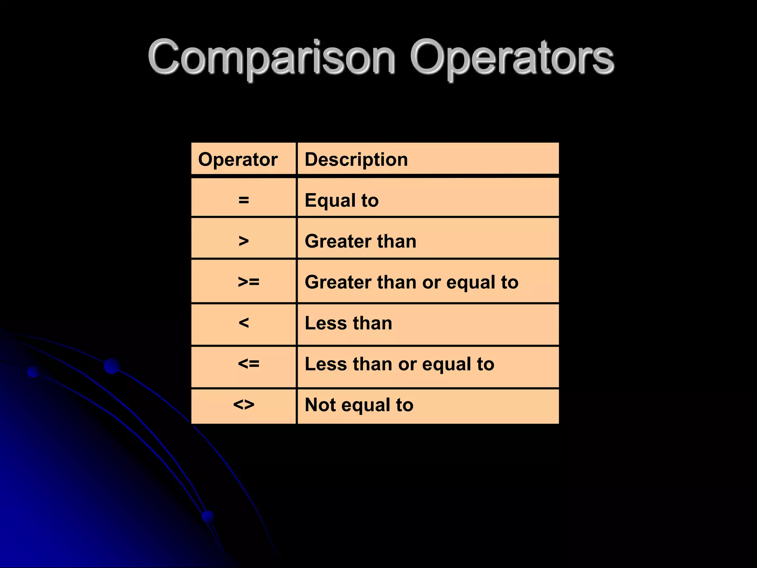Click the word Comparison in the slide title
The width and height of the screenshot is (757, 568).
coord(272,57)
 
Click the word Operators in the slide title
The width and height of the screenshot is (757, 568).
coord(512,57)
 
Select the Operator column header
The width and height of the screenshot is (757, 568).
coord(238,159)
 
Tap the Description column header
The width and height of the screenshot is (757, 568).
coord(356,159)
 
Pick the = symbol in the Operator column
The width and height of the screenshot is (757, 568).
coord(244,200)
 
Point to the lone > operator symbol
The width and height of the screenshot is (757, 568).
coord(244,241)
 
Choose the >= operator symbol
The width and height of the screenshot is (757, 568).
coord(248,282)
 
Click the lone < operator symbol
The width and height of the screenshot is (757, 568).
coord(244,323)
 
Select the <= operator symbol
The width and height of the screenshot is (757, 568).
coord(248,364)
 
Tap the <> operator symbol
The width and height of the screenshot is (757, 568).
coord(244,405)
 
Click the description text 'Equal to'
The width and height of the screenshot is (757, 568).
coord(342,200)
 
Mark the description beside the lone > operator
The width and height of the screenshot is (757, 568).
coord(360,241)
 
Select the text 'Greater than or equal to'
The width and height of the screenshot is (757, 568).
coord(411,282)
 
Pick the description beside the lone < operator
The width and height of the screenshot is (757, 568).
coord(348,323)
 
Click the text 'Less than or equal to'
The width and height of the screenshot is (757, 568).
coord(399,364)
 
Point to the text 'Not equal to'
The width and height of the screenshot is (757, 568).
coord(359,405)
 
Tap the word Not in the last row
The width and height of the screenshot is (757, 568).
coord(320,405)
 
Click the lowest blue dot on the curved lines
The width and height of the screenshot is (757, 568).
coord(208,516)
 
